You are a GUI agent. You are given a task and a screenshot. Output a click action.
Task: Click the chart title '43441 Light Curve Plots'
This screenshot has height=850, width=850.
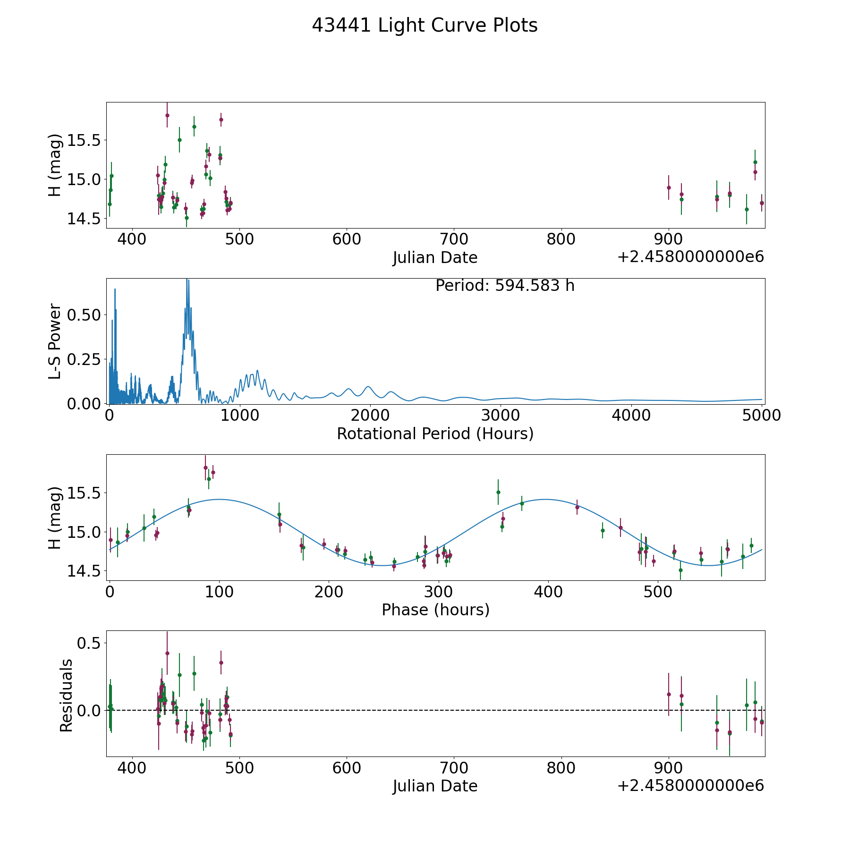[425, 25]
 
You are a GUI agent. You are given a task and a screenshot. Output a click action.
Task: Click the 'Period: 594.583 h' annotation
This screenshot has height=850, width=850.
[505, 286]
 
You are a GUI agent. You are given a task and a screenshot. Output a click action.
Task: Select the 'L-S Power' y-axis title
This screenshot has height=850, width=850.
[55, 341]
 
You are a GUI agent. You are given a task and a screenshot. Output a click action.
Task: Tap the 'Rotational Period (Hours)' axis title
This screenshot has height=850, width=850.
[435, 433]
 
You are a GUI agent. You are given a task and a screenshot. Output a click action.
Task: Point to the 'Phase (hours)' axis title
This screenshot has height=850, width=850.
[435, 610]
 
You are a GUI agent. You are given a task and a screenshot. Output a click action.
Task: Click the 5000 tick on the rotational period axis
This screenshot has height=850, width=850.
[761, 416]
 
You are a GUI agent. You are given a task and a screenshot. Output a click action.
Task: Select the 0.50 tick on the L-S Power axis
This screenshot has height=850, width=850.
[84, 315]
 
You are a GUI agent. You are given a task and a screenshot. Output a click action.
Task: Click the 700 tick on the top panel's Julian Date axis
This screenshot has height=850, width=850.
[454, 239]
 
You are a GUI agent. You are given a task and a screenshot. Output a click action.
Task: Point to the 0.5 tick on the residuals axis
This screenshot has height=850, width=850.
[89, 643]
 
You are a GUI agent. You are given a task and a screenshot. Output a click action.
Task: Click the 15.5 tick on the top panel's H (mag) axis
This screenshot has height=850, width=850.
[84, 140]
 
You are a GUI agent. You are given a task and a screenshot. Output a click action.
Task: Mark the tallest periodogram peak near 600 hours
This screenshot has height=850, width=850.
[187, 280]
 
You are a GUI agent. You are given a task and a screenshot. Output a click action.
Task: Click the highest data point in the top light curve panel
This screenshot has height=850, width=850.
[167, 115]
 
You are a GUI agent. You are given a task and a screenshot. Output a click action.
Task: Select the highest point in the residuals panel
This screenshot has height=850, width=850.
[167, 653]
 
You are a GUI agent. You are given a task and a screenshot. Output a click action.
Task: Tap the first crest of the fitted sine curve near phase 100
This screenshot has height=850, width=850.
[219, 499]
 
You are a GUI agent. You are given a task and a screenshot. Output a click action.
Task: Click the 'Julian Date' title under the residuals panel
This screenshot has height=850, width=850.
[435, 786]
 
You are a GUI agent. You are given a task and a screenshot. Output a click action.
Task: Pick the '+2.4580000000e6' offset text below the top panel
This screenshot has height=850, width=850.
[690, 257]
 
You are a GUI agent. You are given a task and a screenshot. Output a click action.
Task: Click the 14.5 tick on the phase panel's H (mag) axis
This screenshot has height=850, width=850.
[84, 571]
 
